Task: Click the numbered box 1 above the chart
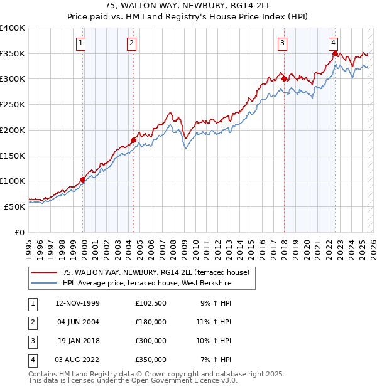pyautogui.click(x=82, y=43)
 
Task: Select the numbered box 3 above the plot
pyautogui.click(x=283, y=43)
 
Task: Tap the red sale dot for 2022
pyautogui.click(x=335, y=54)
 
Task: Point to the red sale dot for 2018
pyautogui.click(x=284, y=79)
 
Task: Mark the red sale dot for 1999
pyautogui.click(x=82, y=180)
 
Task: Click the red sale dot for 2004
pyautogui.click(x=133, y=140)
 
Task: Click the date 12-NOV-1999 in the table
pyautogui.click(x=78, y=303)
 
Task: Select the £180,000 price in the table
pyautogui.click(x=151, y=322)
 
